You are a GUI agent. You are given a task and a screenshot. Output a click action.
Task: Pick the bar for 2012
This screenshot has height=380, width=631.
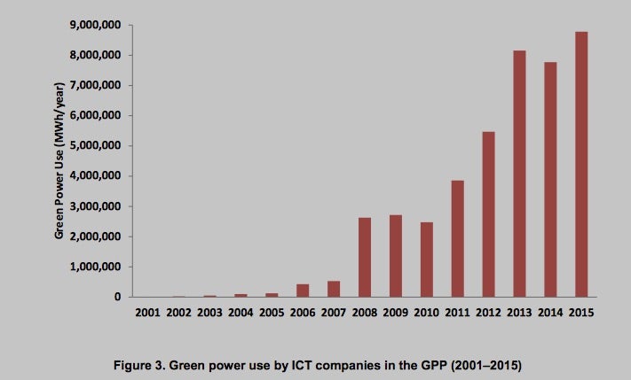tap(488, 213)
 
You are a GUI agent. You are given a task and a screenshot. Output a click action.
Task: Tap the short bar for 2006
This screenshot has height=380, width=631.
tap(303, 290)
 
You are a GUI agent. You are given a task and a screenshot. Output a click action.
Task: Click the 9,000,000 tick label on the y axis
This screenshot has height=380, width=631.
tap(92, 25)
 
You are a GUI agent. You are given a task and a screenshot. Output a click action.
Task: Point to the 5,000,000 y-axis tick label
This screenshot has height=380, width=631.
tap(92, 146)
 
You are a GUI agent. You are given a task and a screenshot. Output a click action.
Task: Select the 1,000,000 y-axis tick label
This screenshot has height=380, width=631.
tap(92, 267)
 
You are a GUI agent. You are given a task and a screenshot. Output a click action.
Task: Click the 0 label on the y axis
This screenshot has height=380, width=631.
tap(117, 297)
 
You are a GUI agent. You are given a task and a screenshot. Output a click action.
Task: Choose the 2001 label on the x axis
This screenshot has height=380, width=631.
tap(148, 312)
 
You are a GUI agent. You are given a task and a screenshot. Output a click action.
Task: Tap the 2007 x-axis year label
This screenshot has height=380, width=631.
tap(334, 312)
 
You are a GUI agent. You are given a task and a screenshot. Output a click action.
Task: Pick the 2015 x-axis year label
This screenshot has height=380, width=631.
tap(580, 312)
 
